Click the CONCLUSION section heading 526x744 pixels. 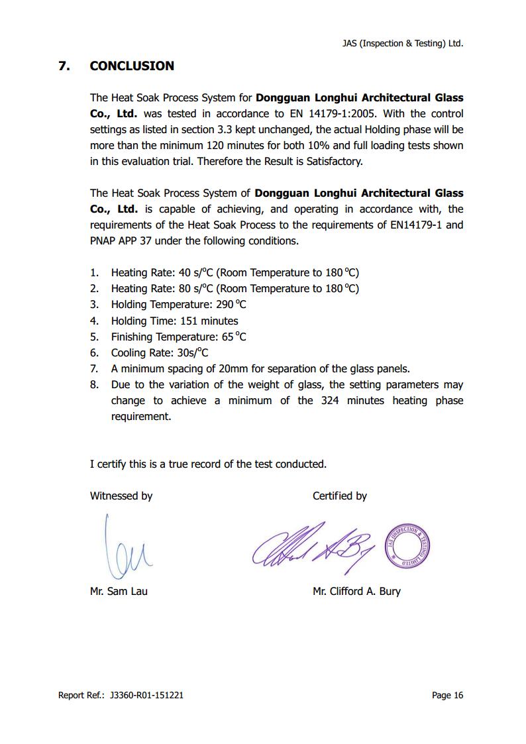coord(132,66)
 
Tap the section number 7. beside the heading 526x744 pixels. coord(64,66)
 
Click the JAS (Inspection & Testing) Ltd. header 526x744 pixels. coord(402,43)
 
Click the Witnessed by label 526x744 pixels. coord(121,496)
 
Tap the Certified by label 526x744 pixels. coord(339,496)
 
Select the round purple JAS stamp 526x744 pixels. coord(408,545)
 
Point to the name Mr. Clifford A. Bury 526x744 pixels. coord(356,591)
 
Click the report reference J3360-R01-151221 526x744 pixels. coord(146,695)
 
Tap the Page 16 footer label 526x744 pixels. coord(447,695)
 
